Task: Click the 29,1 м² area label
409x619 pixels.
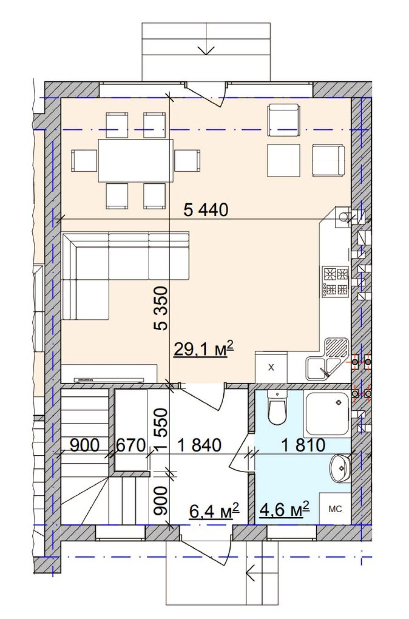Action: point(203,350)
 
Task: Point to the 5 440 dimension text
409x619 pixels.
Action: point(206,210)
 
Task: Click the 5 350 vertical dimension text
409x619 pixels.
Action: point(161,308)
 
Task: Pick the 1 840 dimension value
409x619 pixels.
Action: point(200,445)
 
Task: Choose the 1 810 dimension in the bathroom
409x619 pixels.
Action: point(303,445)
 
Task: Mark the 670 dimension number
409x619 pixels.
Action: point(130,445)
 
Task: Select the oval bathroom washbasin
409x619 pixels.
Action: point(340,468)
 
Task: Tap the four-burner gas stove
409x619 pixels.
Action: point(335,281)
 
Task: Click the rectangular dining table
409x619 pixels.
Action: point(135,160)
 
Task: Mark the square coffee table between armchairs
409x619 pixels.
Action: point(283,160)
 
